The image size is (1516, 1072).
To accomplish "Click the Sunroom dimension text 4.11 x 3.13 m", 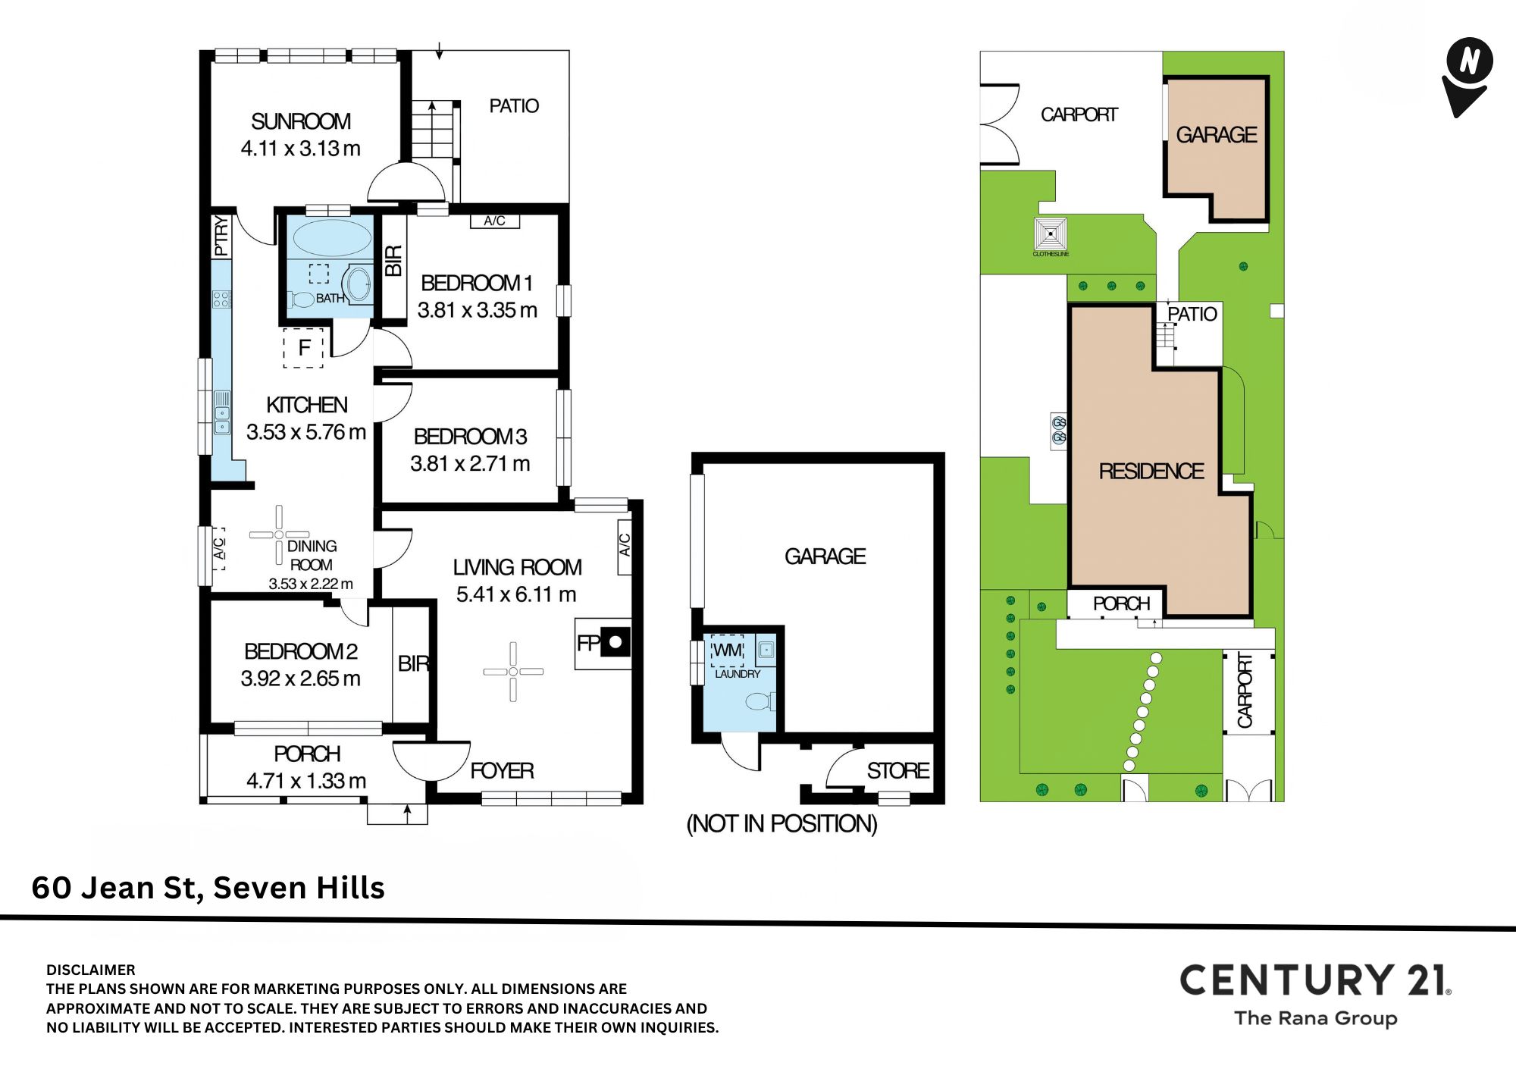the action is click(x=301, y=149).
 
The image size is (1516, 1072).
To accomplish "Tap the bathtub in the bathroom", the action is click(x=329, y=237).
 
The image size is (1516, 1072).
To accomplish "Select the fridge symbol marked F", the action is click(x=304, y=348).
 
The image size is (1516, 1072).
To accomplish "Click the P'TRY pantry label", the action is click(x=221, y=236).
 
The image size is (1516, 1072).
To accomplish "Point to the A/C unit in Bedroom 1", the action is click(x=494, y=221).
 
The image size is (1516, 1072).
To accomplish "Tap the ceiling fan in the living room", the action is click(x=513, y=672).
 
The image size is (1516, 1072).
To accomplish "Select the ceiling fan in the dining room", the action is click(x=279, y=534).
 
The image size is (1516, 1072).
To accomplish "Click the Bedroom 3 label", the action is click(x=470, y=437).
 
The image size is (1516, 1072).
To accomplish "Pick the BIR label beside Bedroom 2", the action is click(x=414, y=664).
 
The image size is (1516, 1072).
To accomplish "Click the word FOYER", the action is click(x=502, y=771).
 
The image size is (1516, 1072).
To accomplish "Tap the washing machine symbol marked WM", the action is click(x=728, y=650).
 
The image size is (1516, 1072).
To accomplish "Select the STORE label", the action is click(x=898, y=771).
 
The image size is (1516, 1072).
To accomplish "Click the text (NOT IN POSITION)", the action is click(x=782, y=823).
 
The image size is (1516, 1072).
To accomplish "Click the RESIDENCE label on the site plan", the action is click(x=1151, y=472).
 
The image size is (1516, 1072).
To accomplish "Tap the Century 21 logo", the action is click(x=1316, y=994).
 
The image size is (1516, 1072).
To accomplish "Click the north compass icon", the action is click(x=1468, y=77).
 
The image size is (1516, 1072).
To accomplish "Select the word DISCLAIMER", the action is click(x=91, y=970).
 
